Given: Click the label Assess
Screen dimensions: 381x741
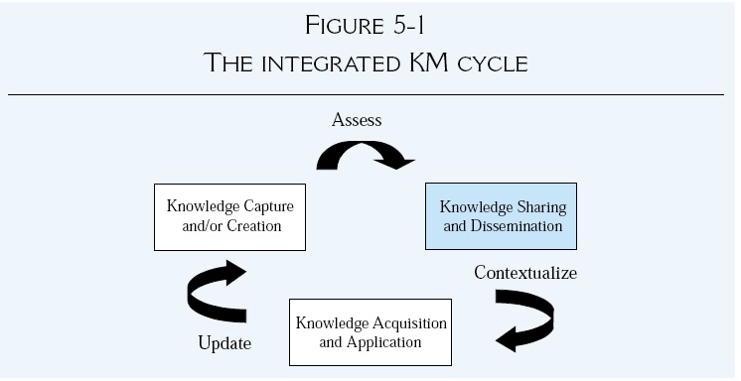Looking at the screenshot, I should [357, 121].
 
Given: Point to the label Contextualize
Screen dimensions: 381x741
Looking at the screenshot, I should [525, 272].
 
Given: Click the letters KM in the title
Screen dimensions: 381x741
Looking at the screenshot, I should [438, 63].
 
